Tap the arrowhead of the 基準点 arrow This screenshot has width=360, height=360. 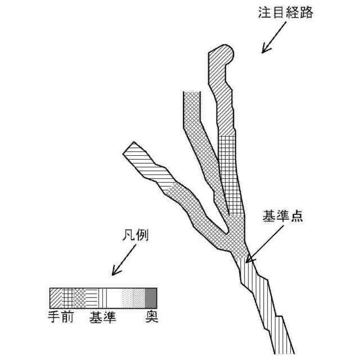click(249, 259)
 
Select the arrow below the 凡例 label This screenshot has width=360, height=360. click(121, 263)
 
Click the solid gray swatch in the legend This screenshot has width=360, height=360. click(151, 296)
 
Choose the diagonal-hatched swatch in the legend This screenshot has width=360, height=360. click(56, 296)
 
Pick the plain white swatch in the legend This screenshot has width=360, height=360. click(115, 296)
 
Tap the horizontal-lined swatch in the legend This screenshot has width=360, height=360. click(93, 296)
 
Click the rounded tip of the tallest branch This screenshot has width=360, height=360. click(226, 53)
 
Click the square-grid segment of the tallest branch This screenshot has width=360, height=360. click(229, 169)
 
